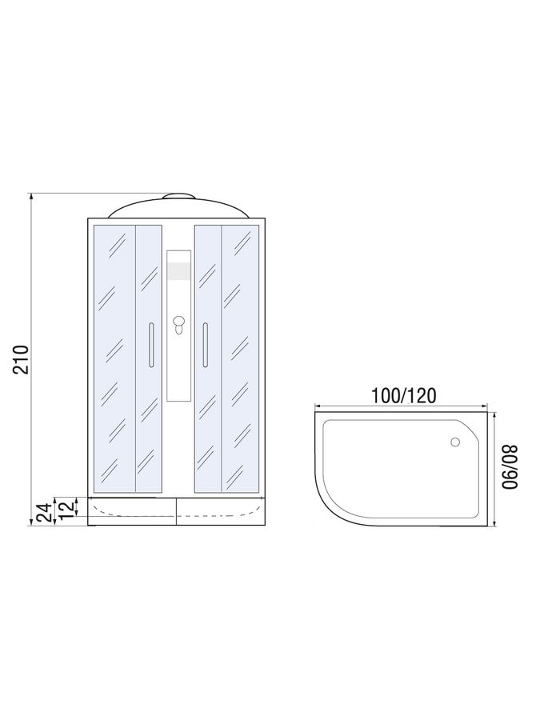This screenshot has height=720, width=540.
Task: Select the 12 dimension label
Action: coord(66,508)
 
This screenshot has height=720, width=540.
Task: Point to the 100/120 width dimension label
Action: coord(403,395)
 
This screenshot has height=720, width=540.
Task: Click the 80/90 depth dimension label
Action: coord(510,467)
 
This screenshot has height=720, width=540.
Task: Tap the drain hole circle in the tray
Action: coord(455,442)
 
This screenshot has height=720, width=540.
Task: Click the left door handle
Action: coord(151,345)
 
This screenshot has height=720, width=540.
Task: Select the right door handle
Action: coord(206,345)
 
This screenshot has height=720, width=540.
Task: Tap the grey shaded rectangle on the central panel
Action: coord(179,271)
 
